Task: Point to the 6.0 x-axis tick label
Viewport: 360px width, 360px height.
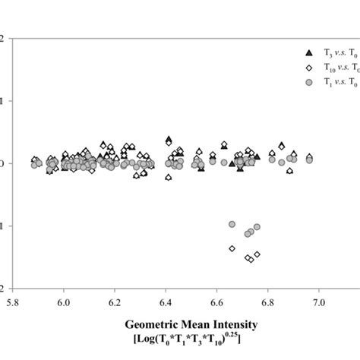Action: point(64,302)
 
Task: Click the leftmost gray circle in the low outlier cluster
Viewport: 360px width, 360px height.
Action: point(232,224)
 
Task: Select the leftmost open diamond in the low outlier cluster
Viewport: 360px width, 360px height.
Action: point(232,248)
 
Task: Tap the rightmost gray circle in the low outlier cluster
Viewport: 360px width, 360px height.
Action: point(257,227)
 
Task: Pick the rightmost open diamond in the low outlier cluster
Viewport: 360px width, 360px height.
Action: point(257,254)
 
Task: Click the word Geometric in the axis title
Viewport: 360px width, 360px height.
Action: point(149,324)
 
